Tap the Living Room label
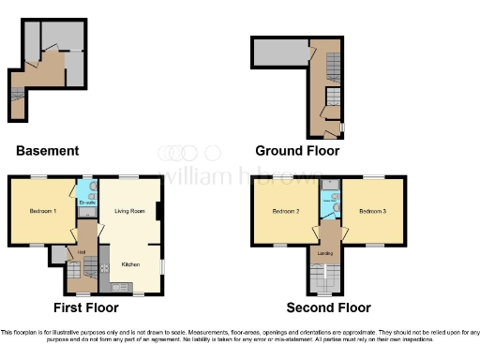[129, 212]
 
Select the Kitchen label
[131, 264]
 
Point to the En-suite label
[86, 202]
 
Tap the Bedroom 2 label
[285, 212]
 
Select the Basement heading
[47, 151]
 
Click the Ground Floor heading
[297, 151]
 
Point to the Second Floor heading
[329, 307]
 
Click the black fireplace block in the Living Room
[159, 212]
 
